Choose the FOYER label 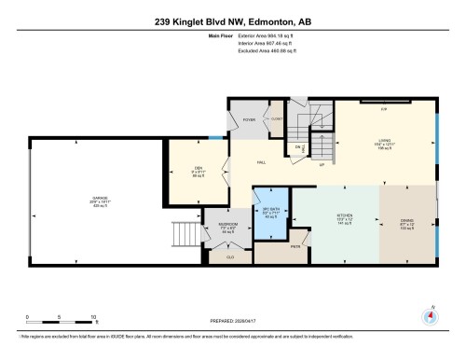(x=249, y=120)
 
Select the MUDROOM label (x=227, y=226)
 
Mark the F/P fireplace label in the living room (x=382, y=109)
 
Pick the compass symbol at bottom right (x=430, y=314)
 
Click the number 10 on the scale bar (x=93, y=318)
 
